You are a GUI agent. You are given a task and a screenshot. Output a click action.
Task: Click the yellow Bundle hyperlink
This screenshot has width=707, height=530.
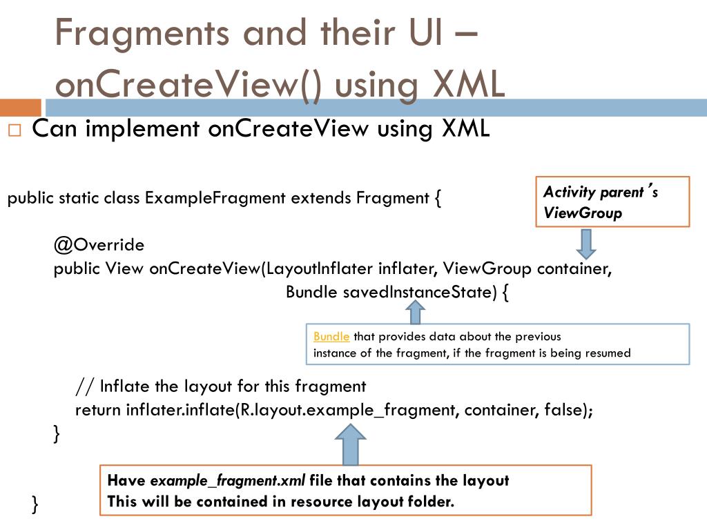[331, 337]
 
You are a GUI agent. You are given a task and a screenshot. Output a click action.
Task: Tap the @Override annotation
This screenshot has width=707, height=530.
[99, 245]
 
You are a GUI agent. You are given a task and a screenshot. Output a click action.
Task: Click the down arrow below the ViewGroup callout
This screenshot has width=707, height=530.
[587, 243]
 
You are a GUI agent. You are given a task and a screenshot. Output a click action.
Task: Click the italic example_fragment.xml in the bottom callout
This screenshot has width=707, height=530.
[228, 481]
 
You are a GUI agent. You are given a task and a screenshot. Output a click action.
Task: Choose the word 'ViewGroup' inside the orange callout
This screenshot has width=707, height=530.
[583, 213]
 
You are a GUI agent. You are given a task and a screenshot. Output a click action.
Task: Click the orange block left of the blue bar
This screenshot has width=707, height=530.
[20, 108]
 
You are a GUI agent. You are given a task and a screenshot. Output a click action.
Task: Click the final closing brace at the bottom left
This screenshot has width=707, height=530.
[35, 504]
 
